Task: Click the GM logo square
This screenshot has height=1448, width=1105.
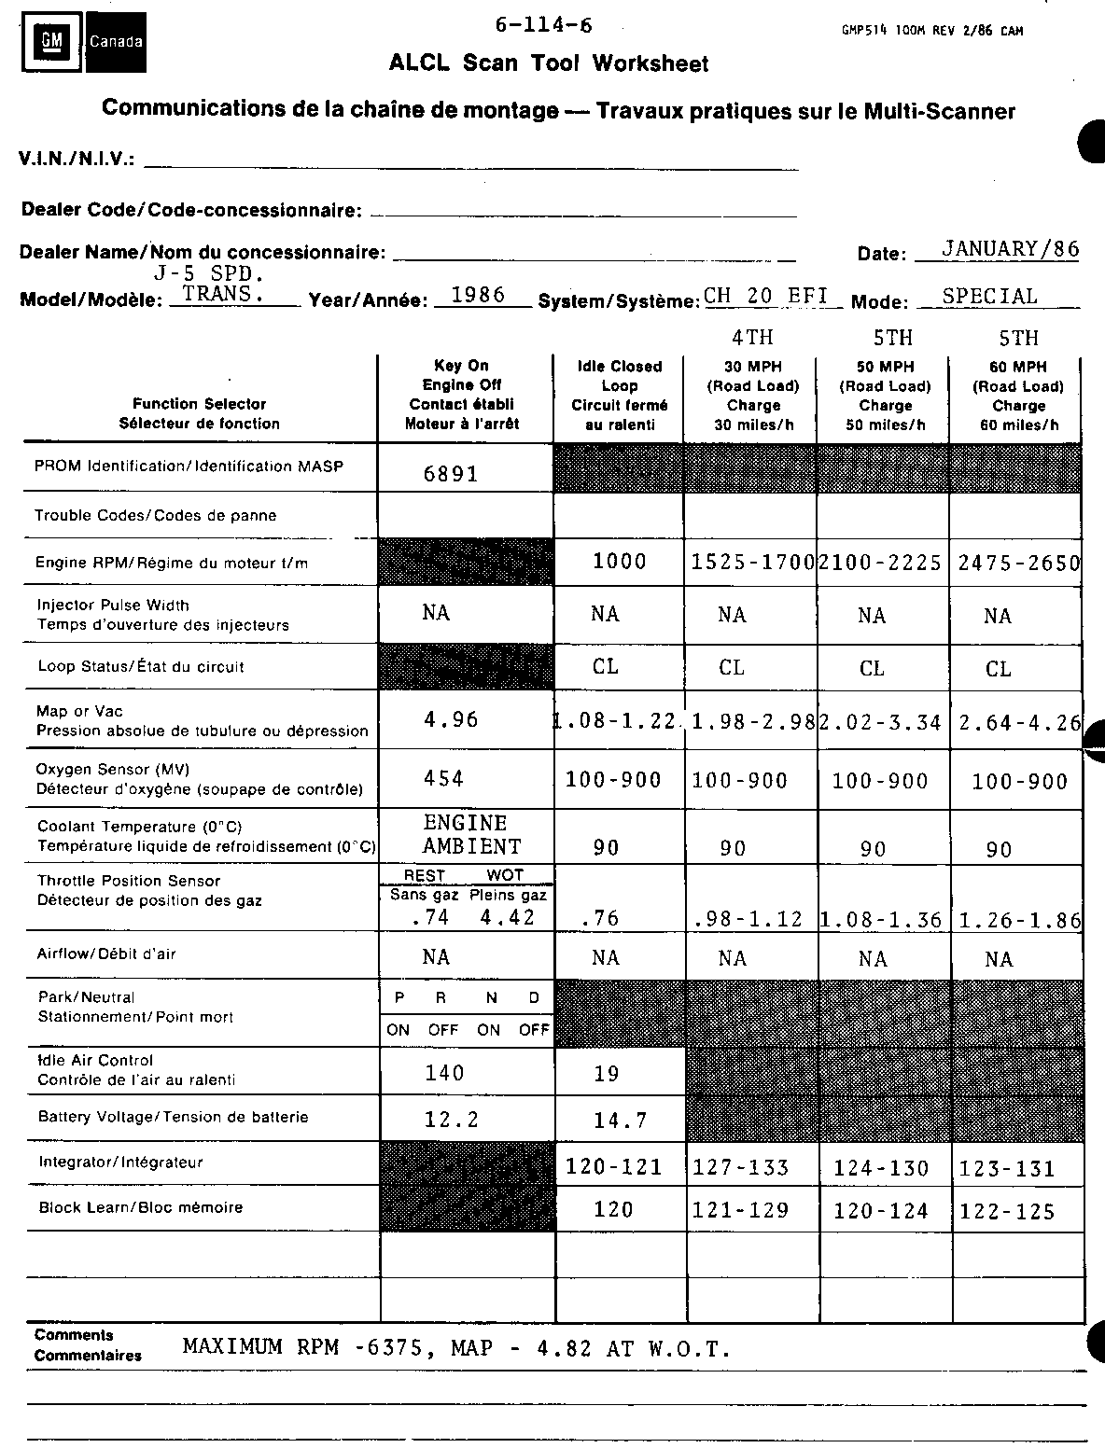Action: (x=51, y=42)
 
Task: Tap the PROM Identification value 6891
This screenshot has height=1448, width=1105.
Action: (x=451, y=474)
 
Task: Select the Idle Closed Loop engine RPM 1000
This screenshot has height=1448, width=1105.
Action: (x=620, y=562)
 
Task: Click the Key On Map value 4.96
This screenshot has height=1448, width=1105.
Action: (x=451, y=719)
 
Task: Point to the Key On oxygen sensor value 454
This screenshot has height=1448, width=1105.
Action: (x=443, y=779)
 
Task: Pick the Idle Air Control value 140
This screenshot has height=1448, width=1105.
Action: (x=444, y=1073)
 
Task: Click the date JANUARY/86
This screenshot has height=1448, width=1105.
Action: (x=1011, y=249)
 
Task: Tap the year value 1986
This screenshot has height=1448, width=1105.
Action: (x=478, y=296)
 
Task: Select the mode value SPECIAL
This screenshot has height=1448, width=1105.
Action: (x=989, y=297)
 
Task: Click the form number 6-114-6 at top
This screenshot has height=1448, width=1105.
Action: (x=544, y=26)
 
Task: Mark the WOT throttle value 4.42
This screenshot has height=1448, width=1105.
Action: (x=508, y=918)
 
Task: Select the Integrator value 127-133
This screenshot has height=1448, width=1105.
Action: (x=741, y=1168)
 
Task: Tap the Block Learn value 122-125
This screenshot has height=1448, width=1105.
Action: (x=1008, y=1212)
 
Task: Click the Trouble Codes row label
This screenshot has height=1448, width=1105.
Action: (x=156, y=516)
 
